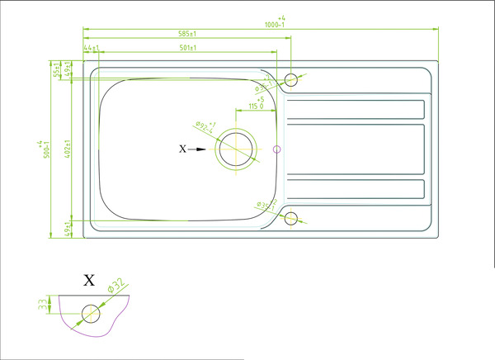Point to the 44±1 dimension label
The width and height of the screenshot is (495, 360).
(x=92, y=48)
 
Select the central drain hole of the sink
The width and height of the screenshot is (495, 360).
(x=237, y=149)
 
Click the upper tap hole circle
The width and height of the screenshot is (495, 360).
(x=290, y=79)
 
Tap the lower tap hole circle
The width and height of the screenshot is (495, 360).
(x=290, y=219)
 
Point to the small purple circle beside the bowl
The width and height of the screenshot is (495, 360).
(x=277, y=149)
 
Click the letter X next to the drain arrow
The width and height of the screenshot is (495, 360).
(x=183, y=149)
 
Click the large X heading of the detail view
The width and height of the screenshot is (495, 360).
(x=89, y=280)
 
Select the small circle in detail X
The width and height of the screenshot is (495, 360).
(x=89, y=314)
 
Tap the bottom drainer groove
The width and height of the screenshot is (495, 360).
(x=355, y=190)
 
